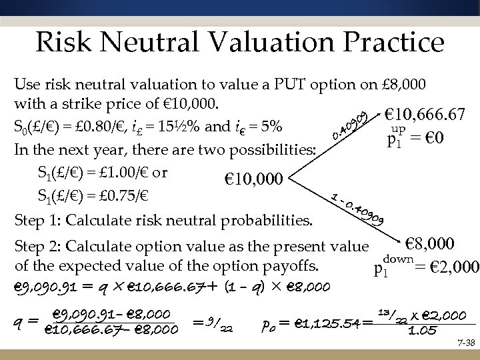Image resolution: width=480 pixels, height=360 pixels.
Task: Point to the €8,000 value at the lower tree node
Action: tap(430, 243)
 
